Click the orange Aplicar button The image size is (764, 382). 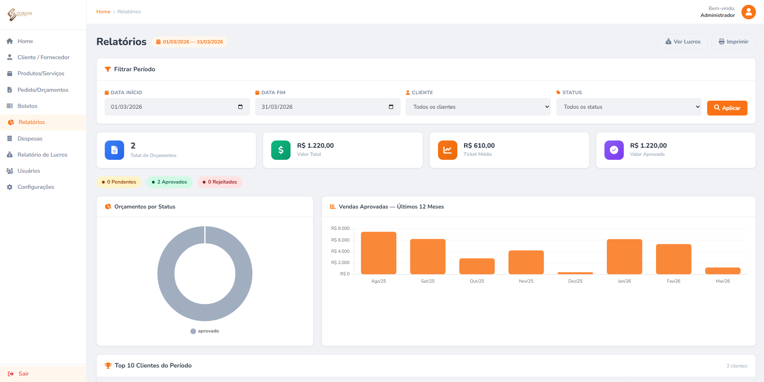[727, 108]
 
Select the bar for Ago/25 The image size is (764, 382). [378, 253]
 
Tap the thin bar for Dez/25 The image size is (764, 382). [575, 273]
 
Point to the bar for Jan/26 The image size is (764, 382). [624, 256]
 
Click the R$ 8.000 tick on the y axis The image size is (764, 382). [340, 228]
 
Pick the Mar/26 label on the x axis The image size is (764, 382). [722, 281]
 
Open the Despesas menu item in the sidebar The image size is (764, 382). [30, 138]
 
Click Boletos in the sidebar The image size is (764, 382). [27, 106]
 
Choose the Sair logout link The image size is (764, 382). [23, 374]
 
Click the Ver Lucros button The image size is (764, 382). [683, 42]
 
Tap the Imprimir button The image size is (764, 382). [733, 42]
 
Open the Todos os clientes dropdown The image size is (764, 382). [478, 107]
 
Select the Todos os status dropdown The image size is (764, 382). [629, 107]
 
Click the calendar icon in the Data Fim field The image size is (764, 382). [391, 107]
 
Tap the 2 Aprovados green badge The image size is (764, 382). [169, 182]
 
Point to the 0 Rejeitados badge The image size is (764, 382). [220, 182]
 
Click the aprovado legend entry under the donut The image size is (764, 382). [205, 331]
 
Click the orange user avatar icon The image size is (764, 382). [748, 12]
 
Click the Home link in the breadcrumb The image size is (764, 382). [103, 12]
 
